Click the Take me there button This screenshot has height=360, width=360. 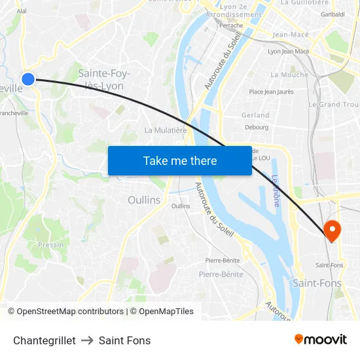click(180, 160)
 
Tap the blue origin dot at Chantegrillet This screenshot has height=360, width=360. click(27, 79)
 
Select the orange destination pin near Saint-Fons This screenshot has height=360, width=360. click(333, 230)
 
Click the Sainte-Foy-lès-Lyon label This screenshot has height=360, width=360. click(103, 79)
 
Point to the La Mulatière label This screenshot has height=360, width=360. click(166, 130)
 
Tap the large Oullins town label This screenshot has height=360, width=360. click(144, 200)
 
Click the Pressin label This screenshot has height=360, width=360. click(51, 245)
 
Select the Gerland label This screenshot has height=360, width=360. click(255, 115)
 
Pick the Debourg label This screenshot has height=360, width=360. click(257, 127)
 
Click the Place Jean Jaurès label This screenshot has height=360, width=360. click(271, 92)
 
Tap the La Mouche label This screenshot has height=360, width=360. click(289, 75)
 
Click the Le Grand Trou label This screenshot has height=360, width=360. click(333, 104)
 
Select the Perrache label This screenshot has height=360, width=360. click(230, 26)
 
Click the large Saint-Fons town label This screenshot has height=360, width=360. click(317, 283)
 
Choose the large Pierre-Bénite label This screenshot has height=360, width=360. click(221, 274)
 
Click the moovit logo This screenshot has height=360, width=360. click(320, 340)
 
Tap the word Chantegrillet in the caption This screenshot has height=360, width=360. click(44, 340)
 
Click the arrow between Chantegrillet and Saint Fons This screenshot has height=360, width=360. click(87, 340)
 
